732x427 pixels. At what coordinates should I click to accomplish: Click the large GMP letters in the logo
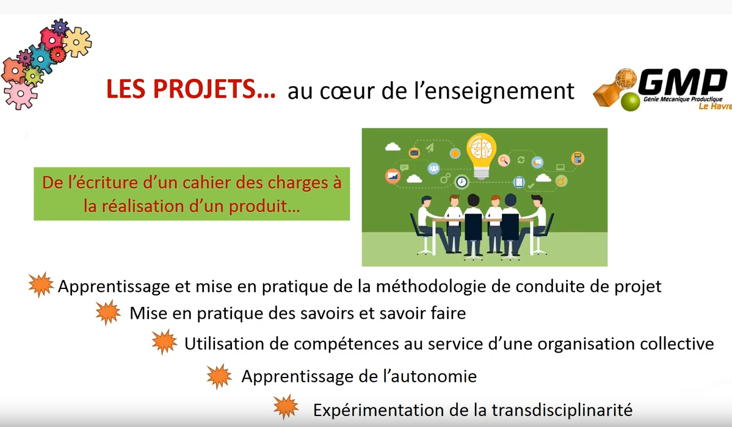[x=682, y=82]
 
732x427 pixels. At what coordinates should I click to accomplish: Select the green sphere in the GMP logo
[x=630, y=102]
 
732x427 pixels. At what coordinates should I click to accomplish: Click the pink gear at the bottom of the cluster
[x=20, y=94]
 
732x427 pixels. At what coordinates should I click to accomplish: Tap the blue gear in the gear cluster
[x=41, y=59]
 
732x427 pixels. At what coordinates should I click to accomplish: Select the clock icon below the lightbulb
[x=462, y=181]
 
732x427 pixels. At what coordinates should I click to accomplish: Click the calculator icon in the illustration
[x=578, y=158]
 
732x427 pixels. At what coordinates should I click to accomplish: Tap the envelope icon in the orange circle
[x=414, y=152]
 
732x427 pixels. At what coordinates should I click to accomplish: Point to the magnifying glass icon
[x=504, y=161]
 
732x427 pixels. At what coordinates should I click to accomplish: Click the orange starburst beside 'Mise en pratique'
[x=108, y=313]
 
